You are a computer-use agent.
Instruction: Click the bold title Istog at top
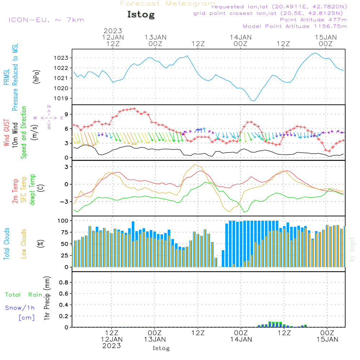[141, 15]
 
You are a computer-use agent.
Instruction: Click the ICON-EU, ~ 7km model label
[46, 20]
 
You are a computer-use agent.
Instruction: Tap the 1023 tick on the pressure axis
[61, 58]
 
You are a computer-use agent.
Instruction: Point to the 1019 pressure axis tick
[61, 98]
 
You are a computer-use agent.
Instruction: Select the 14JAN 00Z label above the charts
[240, 40]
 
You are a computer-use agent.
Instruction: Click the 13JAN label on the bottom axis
[155, 339]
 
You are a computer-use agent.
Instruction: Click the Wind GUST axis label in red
[6, 133]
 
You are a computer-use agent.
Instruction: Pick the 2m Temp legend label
[15, 191]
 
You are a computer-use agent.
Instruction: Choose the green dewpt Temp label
[32, 189]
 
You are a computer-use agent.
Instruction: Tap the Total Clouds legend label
[6, 244]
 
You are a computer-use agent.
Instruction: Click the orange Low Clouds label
[24, 244]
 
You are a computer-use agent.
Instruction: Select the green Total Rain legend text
[24, 295]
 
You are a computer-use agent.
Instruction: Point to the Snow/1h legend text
[20, 308]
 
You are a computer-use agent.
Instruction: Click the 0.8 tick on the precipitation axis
[64, 282]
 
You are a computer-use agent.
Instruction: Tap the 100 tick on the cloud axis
[63, 221]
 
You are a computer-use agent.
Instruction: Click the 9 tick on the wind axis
[67, 114]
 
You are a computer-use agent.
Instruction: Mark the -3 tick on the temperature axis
[64, 202]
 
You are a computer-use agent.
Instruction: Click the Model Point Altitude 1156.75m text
[295, 26]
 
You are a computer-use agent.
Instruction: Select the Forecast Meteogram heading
[168, 4]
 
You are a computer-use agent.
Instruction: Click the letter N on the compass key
[49, 107]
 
